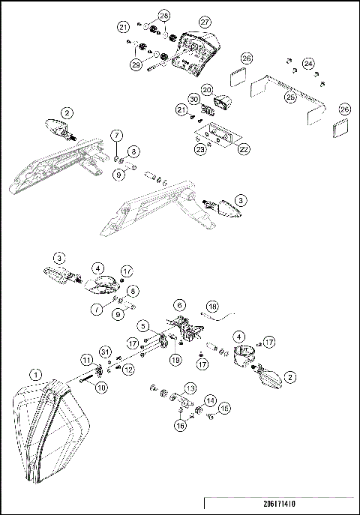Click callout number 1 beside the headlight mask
(x=35, y=373)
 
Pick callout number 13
(x=190, y=388)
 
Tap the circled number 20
(x=208, y=89)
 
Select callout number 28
(x=163, y=15)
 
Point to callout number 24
(x=308, y=63)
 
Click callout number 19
(x=175, y=359)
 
